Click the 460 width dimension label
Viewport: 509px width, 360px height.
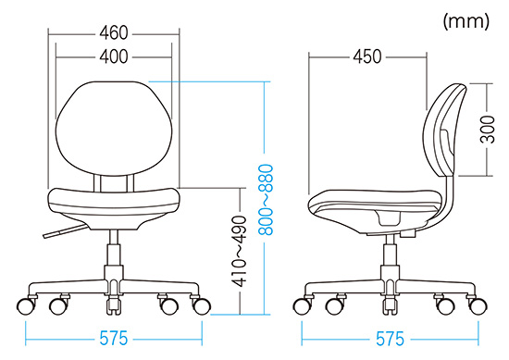tap(114, 33)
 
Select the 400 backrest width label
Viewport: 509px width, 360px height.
tap(114, 56)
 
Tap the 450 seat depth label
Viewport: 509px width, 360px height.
tap(367, 56)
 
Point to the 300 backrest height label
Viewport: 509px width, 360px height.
tap(487, 130)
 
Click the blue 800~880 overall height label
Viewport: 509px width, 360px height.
tap(267, 199)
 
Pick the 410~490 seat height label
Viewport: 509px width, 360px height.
tap(240, 251)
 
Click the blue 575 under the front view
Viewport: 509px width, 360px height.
tap(114, 339)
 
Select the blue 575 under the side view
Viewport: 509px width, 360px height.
tap(390, 339)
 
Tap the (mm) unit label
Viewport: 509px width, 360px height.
tap(466, 21)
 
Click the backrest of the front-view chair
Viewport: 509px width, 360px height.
tap(114, 129)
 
